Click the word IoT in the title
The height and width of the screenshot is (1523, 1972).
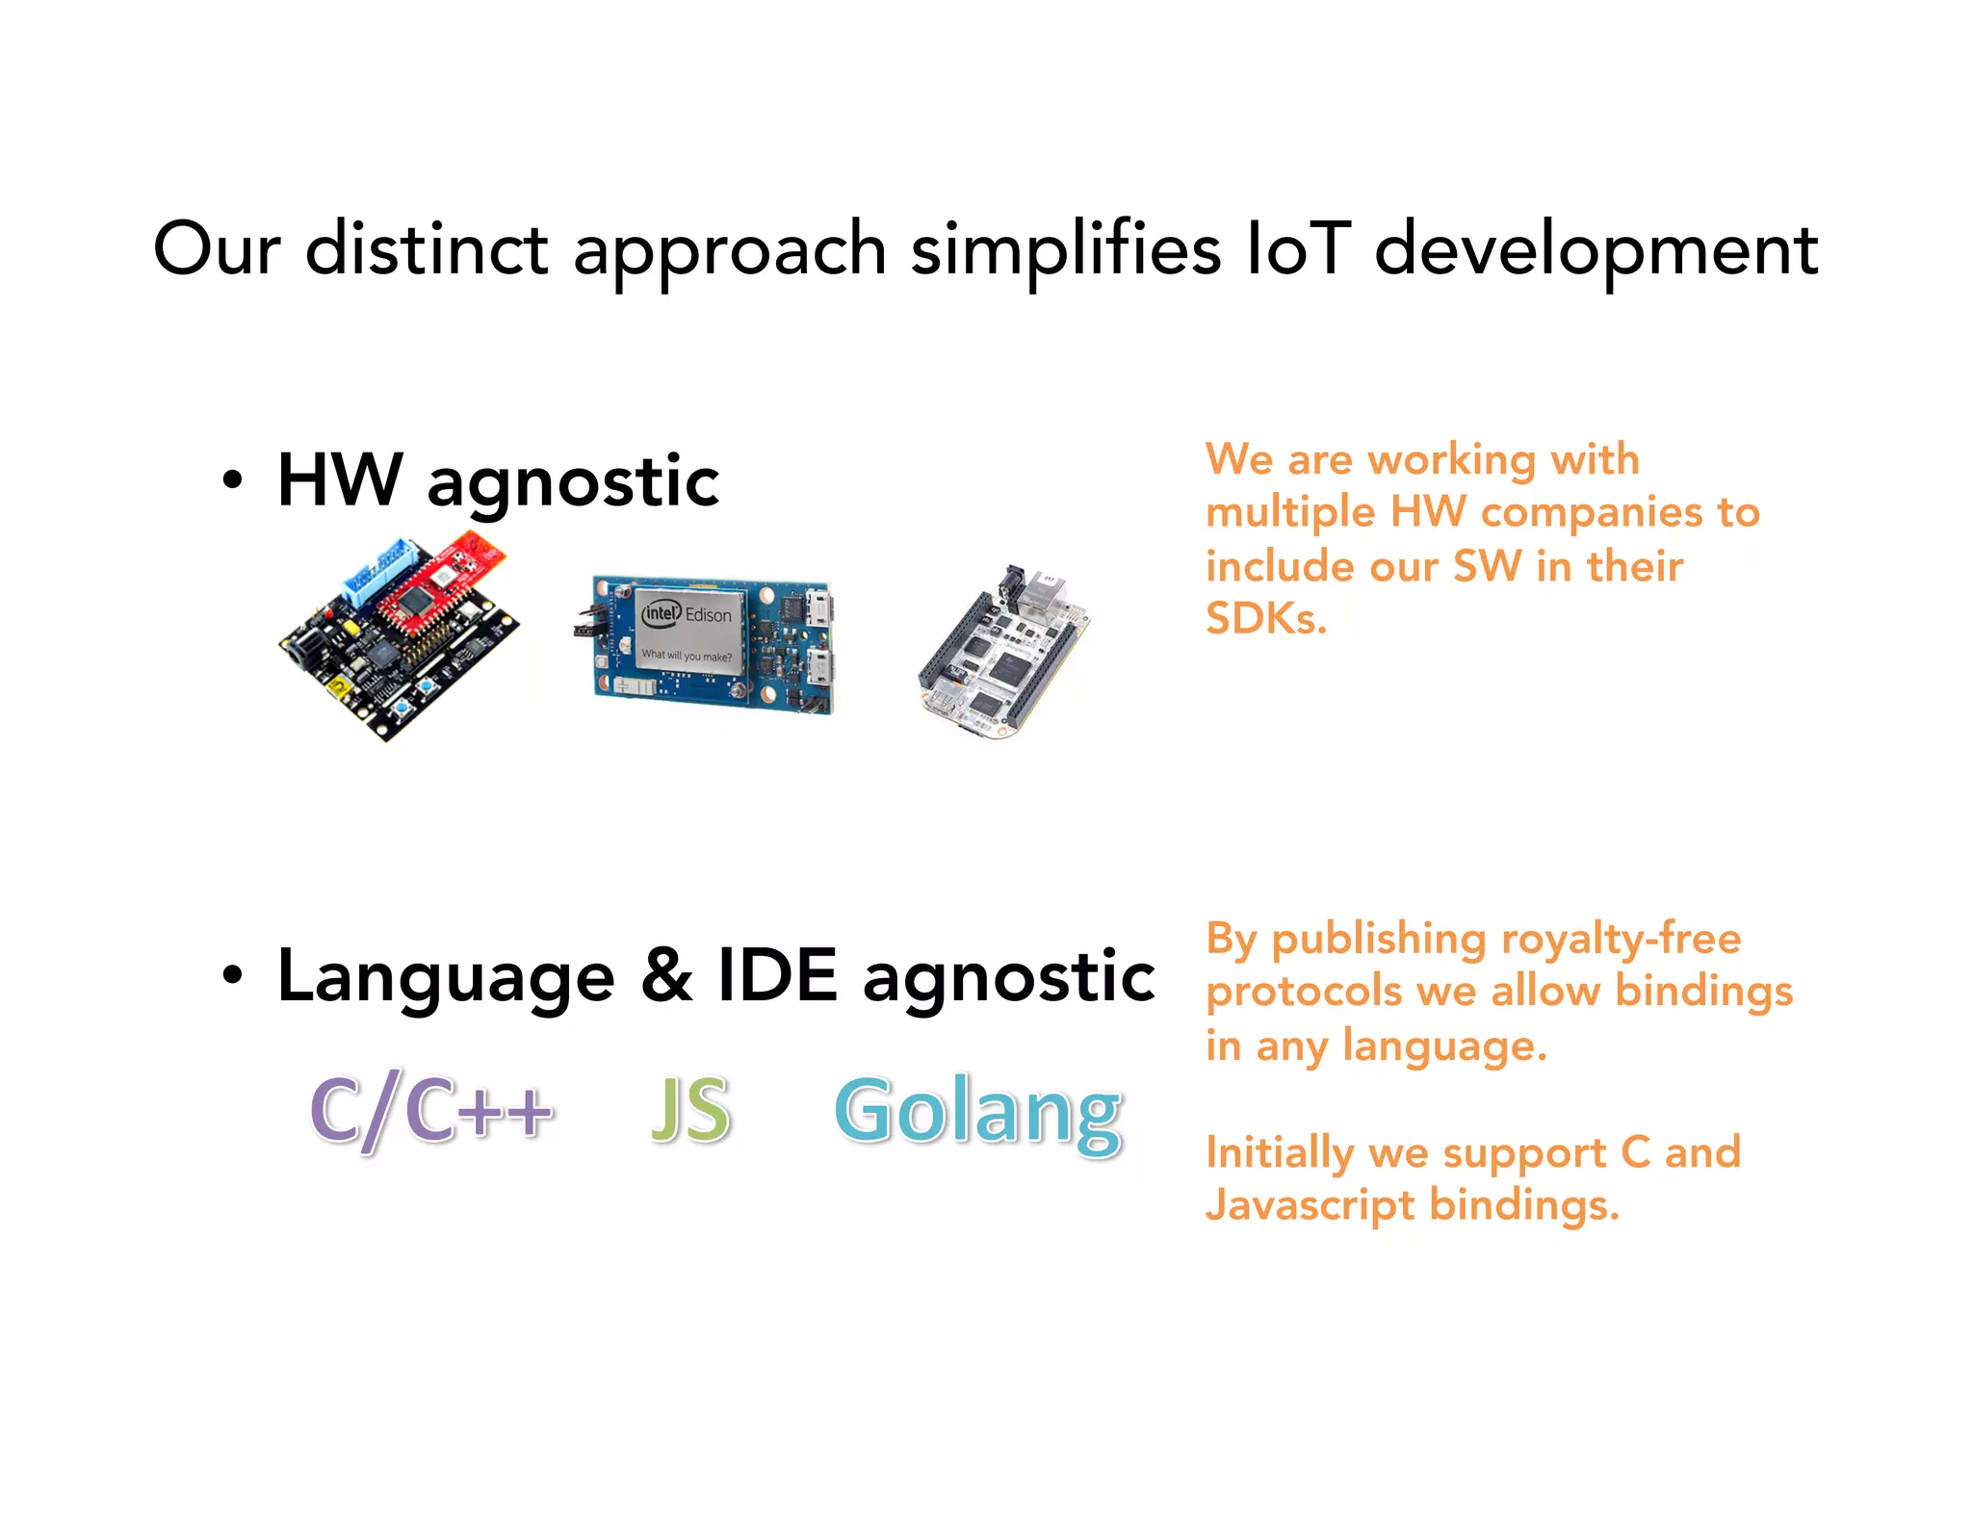(1298, 248)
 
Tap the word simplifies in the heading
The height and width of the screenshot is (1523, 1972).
(1065, 248)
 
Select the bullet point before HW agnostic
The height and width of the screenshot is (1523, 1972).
(232, 479)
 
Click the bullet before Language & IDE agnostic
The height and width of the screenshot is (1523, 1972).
(232, 975)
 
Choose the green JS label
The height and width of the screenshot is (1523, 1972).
(690, 1110)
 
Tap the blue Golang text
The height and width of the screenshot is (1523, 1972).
(977, 1112)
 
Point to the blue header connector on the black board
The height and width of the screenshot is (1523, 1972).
(380, 573)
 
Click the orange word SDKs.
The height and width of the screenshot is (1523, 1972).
(1265, 619)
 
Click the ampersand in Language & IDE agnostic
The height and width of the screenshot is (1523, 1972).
(666, 975)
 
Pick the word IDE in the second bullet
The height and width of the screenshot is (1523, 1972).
(778, 975)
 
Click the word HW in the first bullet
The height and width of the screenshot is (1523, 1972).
(339, 479)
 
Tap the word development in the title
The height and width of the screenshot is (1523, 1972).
(1596, 248)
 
